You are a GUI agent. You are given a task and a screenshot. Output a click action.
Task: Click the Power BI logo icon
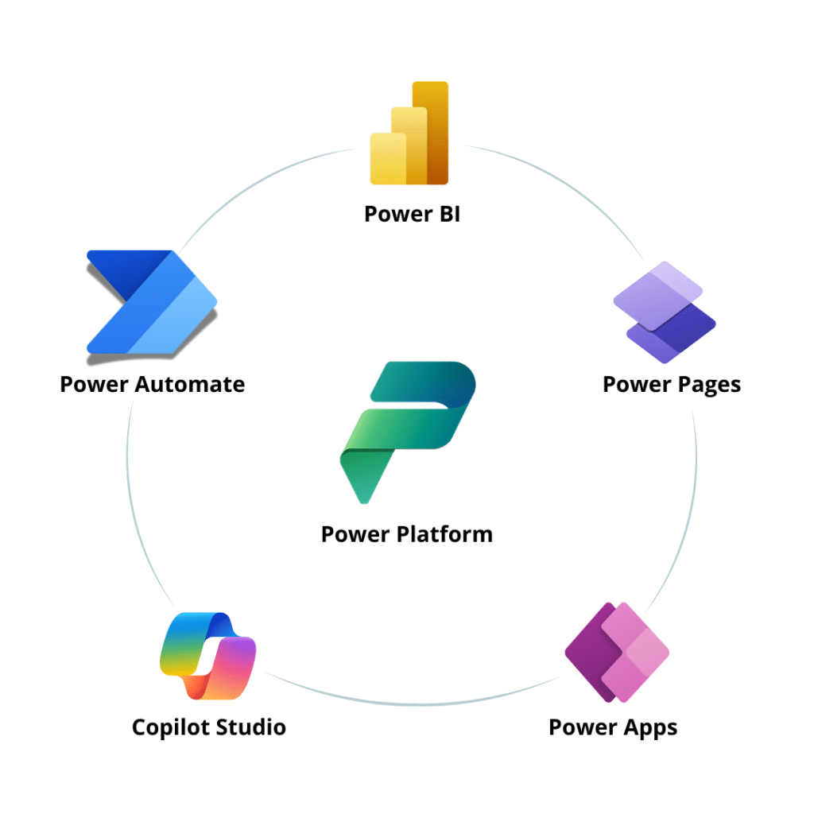pos(410,134)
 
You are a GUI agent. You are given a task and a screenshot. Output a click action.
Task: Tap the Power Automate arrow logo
pos(151,302)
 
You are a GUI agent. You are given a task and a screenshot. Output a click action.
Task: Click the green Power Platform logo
pos(407,429)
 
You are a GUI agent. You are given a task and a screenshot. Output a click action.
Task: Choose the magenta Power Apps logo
pos(617,652)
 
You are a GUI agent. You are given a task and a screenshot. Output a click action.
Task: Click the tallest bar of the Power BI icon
pos(432,131)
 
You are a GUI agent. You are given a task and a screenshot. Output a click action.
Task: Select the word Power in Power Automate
pos(95,385)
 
